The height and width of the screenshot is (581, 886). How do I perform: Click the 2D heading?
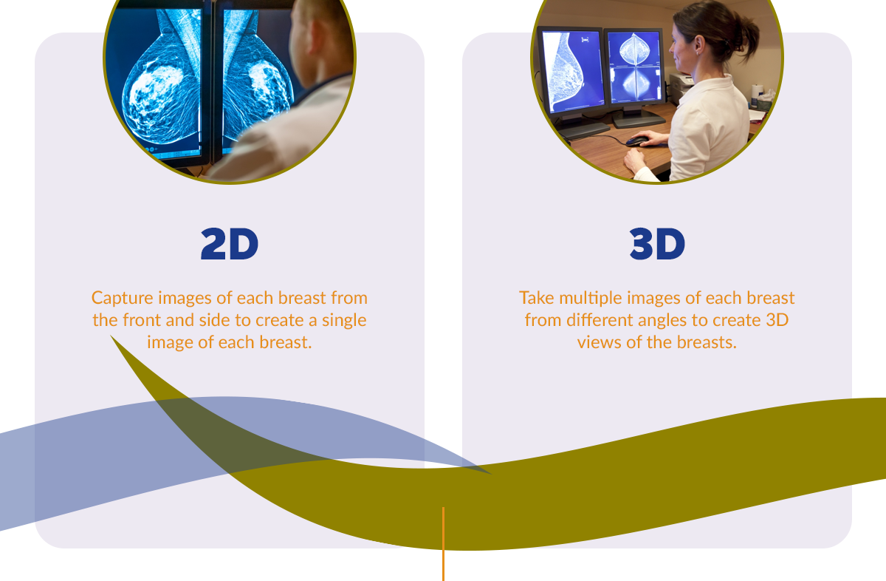(x=230, y=244)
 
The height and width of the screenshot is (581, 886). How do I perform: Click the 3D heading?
(x=657, y=244)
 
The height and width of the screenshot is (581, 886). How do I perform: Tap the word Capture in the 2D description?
(x=123, y=298)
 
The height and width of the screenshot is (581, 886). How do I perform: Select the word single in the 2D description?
(x=344, y=320)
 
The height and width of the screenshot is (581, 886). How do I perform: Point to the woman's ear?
(x=699, y=44)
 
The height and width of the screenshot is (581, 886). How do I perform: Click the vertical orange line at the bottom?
(x=444, y=544)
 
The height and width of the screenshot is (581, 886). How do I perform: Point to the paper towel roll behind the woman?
(x=757, y=95)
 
